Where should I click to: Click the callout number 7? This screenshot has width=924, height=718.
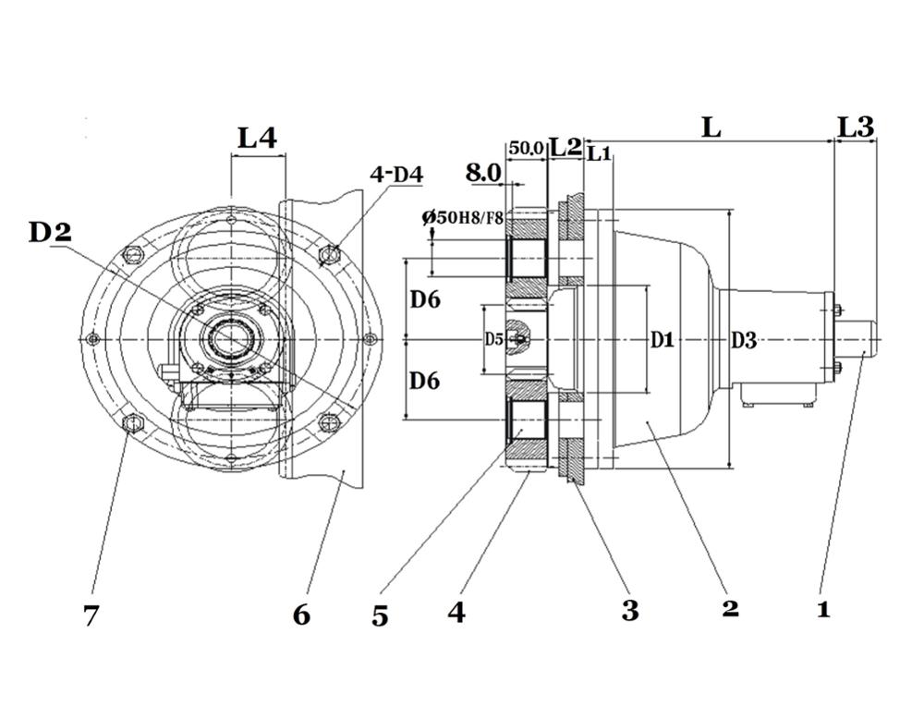[x=91, y=616]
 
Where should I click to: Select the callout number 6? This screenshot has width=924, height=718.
[x=301, y=615]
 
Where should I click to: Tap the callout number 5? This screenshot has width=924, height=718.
[x=380, y=616]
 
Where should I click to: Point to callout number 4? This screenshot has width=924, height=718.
[x=456, y=613]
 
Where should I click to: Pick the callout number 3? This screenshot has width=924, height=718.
[x=630, y=610]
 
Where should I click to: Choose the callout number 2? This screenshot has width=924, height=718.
[x=730, y=608]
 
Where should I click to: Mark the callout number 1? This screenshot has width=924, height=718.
[x=823, y=608]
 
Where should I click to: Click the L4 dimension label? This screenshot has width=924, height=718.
[x=257, y=138]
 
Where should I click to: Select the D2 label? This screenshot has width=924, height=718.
[x=50, y=233]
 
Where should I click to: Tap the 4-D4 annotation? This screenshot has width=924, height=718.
[x=396, y=174]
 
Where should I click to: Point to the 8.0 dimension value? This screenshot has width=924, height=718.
[x=483, y=173]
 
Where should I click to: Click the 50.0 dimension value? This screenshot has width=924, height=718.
[x=526, y=148]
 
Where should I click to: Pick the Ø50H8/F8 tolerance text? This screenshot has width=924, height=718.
[x=463, y=217]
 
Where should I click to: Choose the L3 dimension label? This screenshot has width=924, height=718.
[x=856, y=127]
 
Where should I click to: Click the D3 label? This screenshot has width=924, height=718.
[x=744, y=340]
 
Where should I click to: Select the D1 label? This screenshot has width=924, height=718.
[x=662, y=339]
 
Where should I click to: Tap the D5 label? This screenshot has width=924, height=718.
[x=493, y=339]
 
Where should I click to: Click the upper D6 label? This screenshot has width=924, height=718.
[x=425, y=300]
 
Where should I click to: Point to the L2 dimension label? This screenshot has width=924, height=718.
[x=565, y=147]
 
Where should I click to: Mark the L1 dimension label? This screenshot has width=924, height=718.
[x=600, y=154]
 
